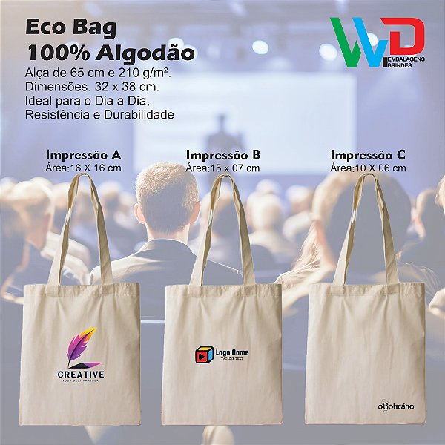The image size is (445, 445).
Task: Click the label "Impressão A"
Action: tap(84, 155)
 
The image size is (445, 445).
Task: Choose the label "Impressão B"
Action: tap(222, 155)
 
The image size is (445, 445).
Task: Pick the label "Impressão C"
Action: tap(368, 155)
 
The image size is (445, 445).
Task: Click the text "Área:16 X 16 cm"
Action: tap(84, 168)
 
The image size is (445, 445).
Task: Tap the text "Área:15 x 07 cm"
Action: tap(222, 168)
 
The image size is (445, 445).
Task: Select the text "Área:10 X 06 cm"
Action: tap(368, 168)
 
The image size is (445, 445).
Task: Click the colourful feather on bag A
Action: tap(82, 347)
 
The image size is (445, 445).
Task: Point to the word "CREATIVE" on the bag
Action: tap(81, 375)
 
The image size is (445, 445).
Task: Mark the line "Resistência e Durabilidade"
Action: tap(99, 115)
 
